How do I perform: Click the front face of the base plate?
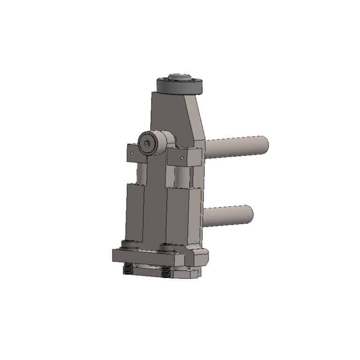[145, 257]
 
